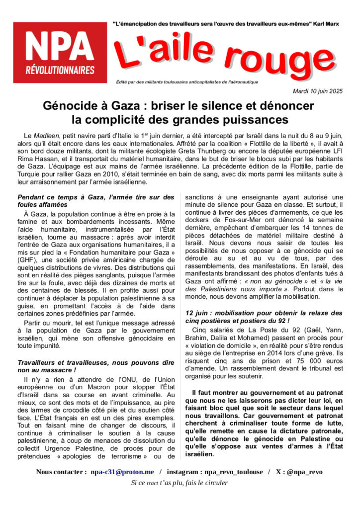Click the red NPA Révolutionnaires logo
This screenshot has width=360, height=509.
[x=60, y=52]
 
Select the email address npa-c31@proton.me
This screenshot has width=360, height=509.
[x=122, y=472]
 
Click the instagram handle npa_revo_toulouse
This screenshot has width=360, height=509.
[x=233, y=472]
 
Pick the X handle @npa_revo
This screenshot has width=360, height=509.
[x=305, y=472]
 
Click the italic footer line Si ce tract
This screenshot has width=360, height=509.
[x=180, y=483]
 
